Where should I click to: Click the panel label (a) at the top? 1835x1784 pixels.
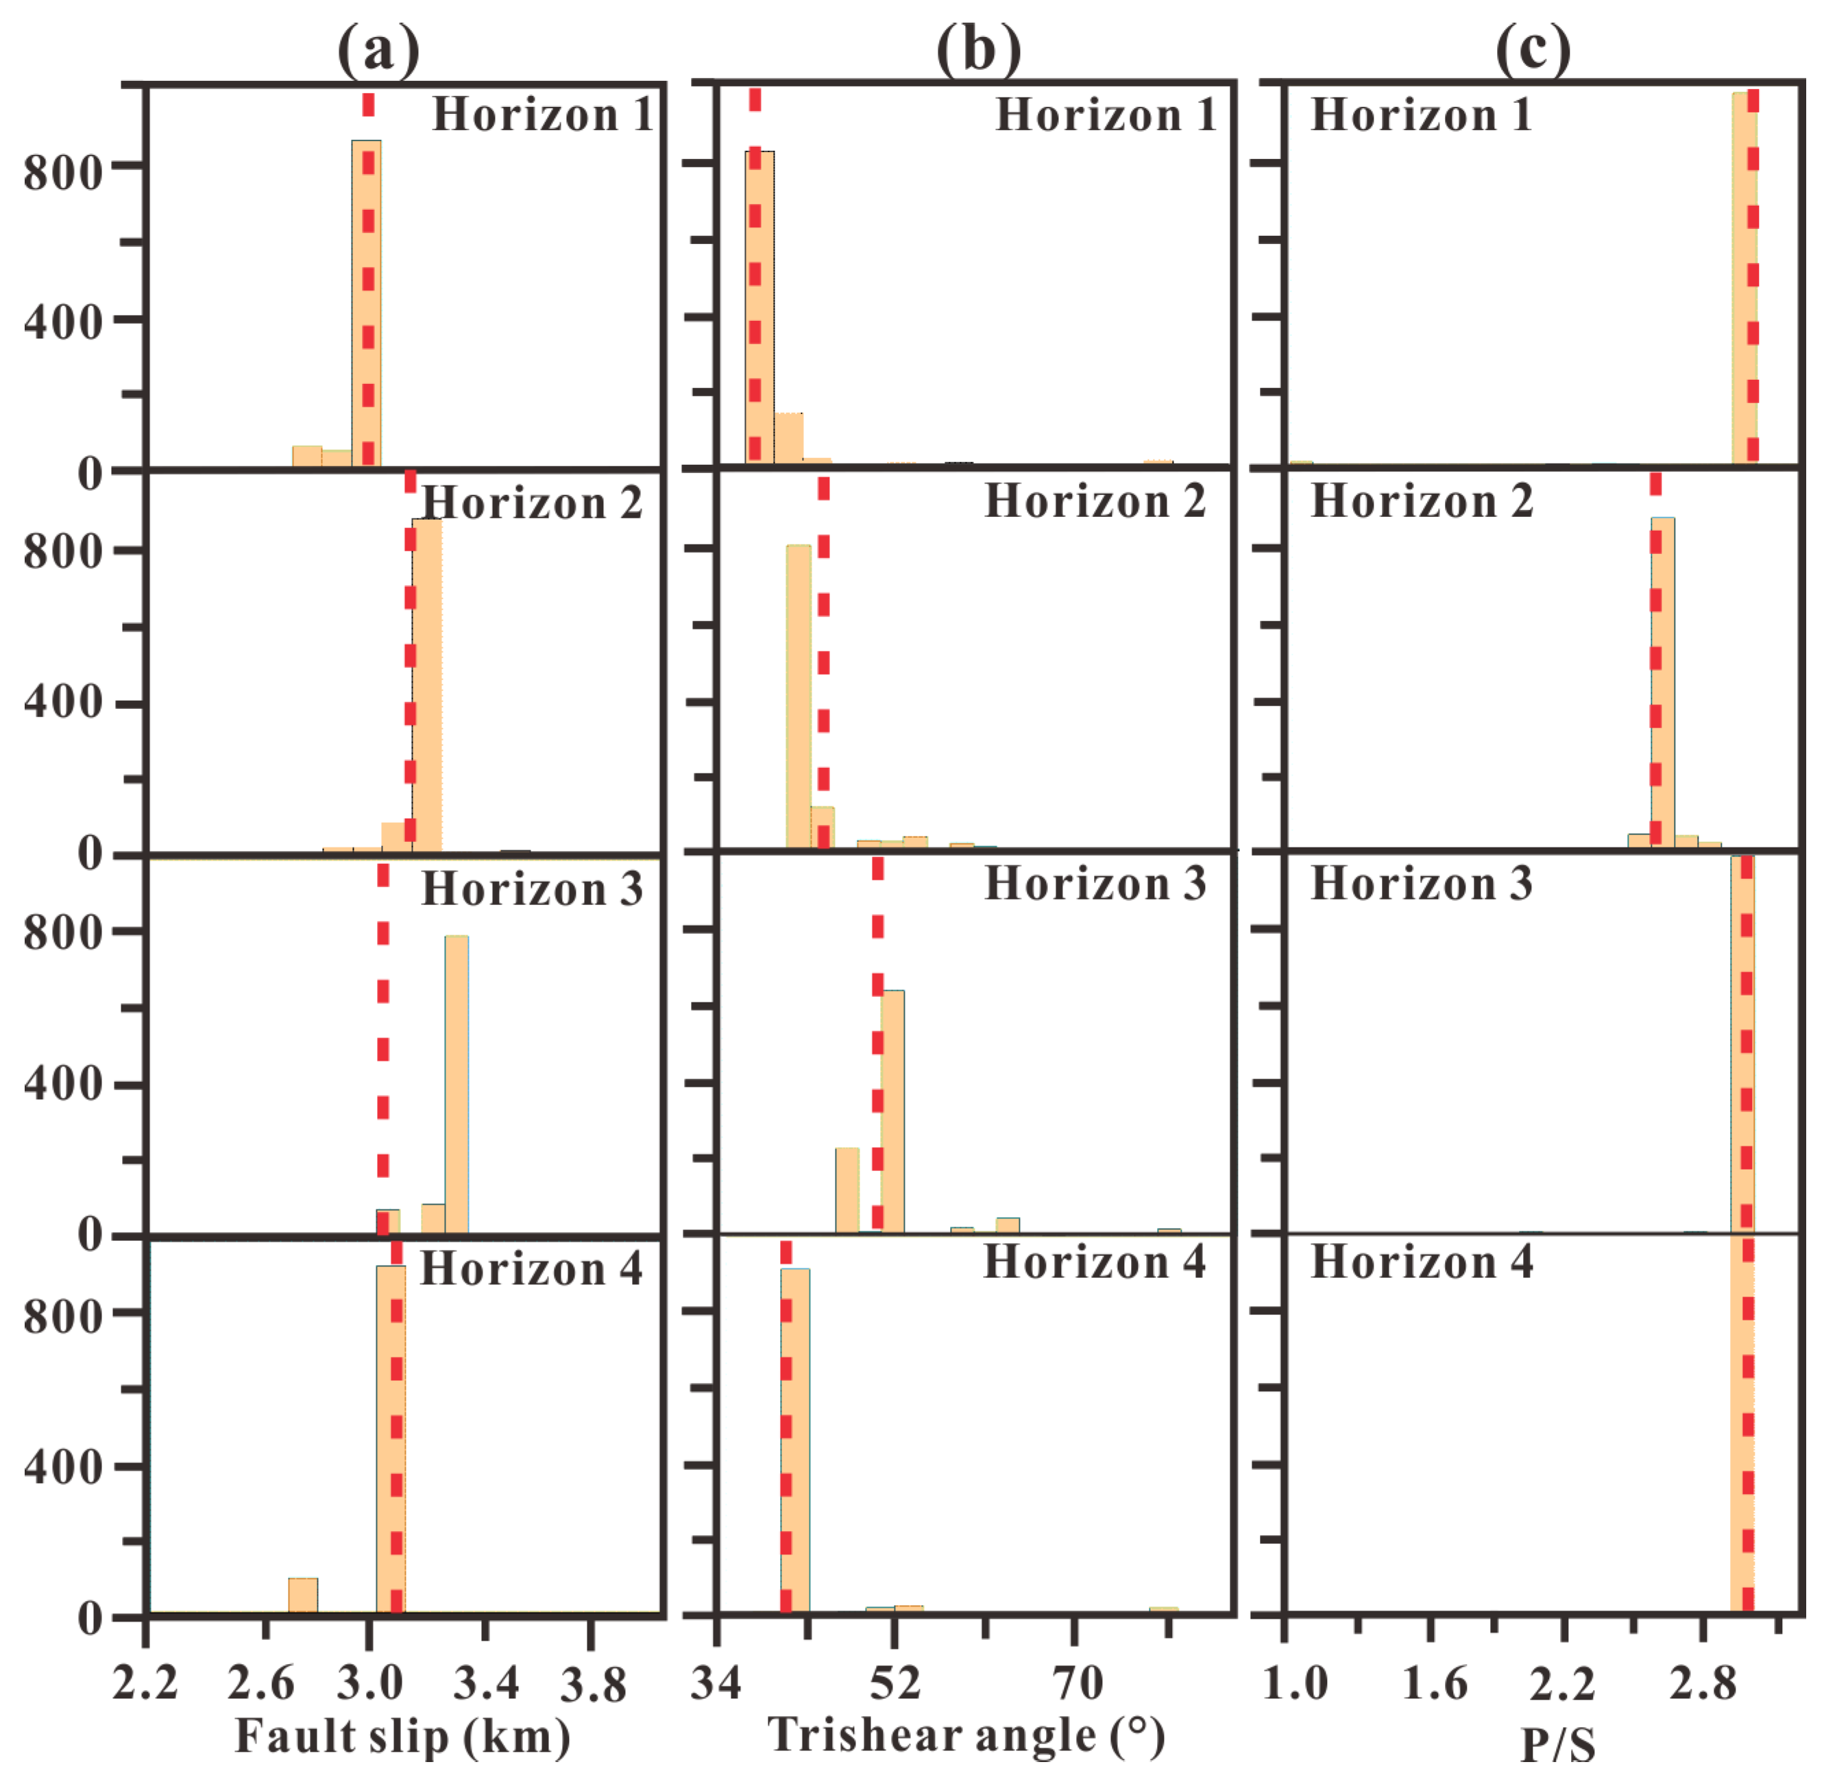coord(378,49)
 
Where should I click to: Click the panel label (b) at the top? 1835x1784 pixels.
coord(978,49)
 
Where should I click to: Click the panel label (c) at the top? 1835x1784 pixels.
coord(1533,49)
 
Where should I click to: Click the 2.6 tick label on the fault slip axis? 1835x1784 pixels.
coord(261,1684)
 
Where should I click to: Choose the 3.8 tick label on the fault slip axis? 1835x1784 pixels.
coord(593,1684)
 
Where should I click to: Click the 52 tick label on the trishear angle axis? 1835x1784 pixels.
coord(895,1683)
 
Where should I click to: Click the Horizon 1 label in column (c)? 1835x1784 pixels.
coord(1420,115)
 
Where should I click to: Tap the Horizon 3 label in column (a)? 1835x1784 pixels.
coord(532,889)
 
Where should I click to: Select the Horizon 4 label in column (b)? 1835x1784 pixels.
coord(1094,1261)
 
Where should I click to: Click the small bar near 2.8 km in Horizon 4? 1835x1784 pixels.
coord(302,1595)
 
